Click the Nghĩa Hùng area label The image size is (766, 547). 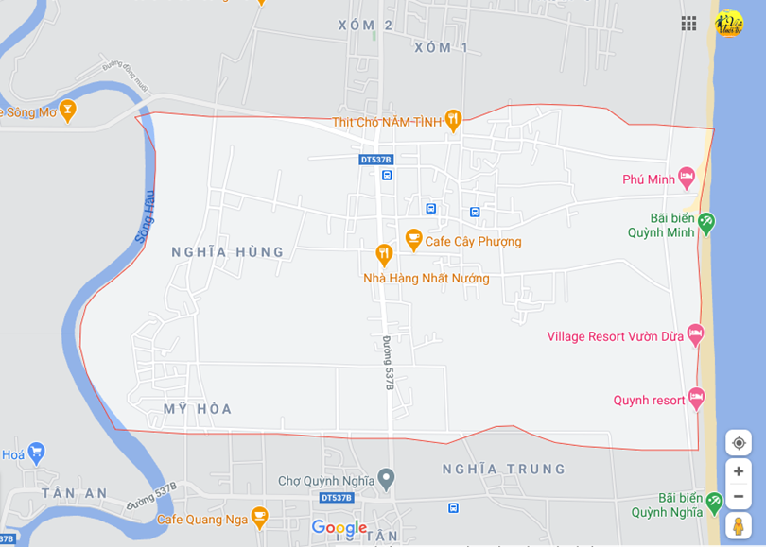pos(227,252)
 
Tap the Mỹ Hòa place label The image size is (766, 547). pos(197,409)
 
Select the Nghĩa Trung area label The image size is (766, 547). pos(504,469)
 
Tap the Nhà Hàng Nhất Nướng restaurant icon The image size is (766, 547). pos(384,253)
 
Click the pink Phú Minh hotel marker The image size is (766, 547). pos(687,178)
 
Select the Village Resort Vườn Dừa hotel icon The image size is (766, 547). pos(696,334)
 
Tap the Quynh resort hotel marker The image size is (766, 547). pos(697,398)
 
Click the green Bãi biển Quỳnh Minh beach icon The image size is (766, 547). pos(706,224)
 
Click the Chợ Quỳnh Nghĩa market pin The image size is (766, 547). pos(385,480)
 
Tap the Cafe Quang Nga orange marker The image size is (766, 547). pos(260,517)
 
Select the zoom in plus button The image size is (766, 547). pos(739,471)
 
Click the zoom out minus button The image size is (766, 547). pos(739,496)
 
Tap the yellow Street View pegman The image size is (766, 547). pos(739,526)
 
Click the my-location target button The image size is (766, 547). pos(739,443)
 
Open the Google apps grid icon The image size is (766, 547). pos(688,23)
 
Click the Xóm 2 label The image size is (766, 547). pos(365,26)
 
